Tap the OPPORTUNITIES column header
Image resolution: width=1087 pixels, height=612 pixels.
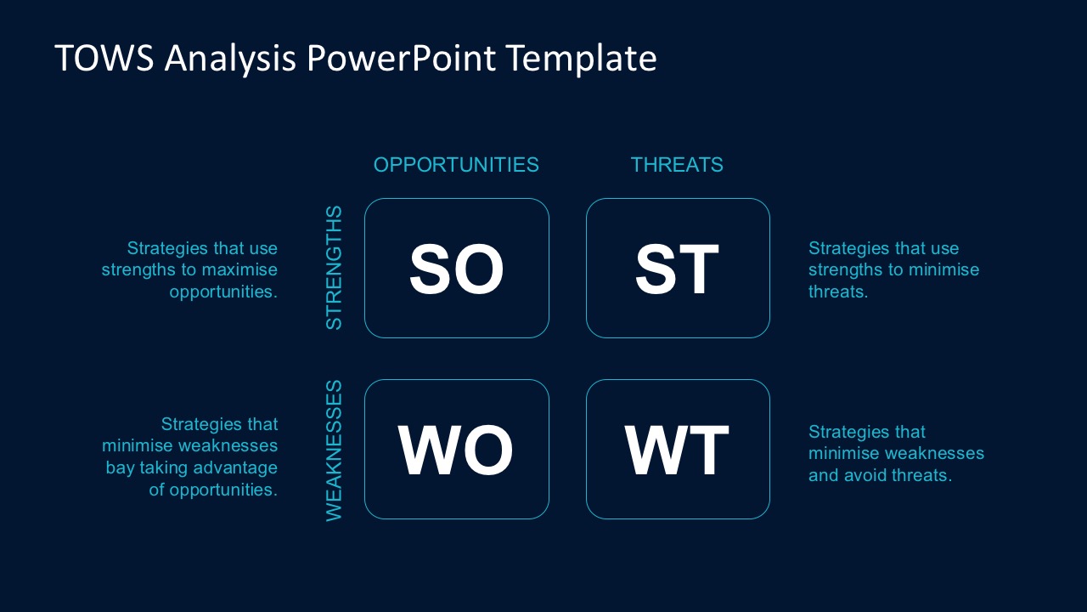[x=456, y=165]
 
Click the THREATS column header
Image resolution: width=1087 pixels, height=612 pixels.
[x=677, y=165]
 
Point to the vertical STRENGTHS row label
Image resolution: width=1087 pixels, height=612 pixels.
[x=335, y=268]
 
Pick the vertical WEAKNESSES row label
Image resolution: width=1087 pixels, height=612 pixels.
[x=335, y=450]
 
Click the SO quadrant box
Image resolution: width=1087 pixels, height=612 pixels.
[x=457, y=268]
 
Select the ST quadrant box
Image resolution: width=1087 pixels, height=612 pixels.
[x=678, y=268]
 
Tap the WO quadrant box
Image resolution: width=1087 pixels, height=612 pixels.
[x=457, y=449]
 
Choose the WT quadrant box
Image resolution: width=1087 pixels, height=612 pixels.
[x=678, y=449]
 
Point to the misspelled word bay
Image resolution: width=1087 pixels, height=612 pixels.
[x=120, y=468]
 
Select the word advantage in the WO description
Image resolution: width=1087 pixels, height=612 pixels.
[x=237, y=468]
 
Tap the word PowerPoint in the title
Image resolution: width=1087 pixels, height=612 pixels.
[x=402, y=59]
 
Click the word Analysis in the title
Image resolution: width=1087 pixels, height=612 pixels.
[x=230, y=59]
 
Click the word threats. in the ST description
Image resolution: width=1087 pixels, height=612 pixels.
[x=837, y=292]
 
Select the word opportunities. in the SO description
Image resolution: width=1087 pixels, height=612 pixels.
[x=223, y=292]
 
